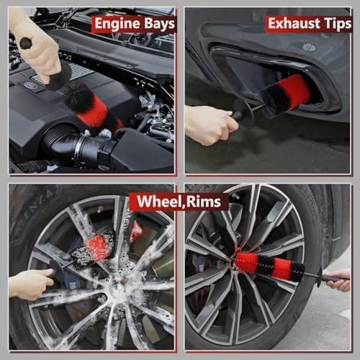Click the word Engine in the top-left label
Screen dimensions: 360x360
115,24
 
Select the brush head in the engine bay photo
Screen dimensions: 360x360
90,104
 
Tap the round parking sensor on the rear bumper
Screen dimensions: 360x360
308,48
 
